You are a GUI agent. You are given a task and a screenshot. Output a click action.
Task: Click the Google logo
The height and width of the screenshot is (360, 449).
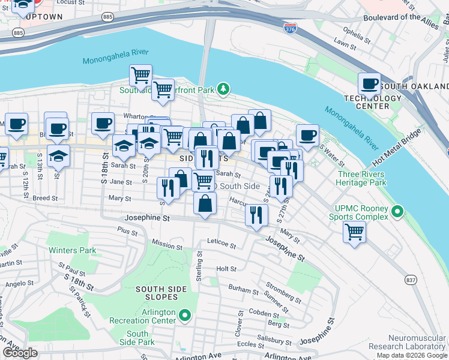[x=20, y=353]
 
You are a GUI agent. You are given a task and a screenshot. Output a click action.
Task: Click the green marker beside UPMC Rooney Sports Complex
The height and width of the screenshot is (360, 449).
[x=396, y=211]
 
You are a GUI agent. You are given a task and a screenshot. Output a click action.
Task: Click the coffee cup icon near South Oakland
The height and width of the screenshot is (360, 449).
[x=370, y=83]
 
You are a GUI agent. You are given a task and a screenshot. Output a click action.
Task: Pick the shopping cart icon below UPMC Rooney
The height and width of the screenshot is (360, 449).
[x=355, y=231]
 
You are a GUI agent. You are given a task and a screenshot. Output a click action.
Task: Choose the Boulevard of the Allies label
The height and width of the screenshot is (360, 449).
[x=401, y=17]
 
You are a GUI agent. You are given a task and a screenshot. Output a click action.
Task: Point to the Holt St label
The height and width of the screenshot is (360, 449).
[x=226, y=269]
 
